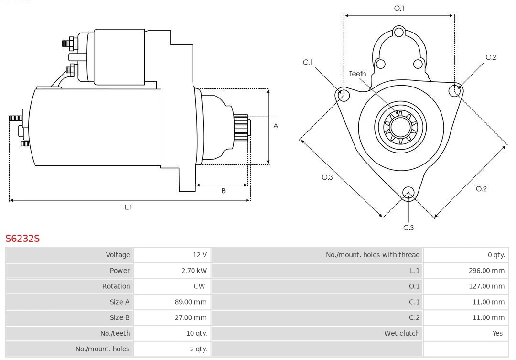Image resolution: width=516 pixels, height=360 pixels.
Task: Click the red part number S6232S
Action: tap(22, 238)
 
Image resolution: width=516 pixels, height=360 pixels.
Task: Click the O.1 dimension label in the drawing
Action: tap(399, 8)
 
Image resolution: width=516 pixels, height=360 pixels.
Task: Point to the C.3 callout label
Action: tap(408, 228)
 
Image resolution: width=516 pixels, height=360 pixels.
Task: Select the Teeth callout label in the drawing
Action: tap(357, 74)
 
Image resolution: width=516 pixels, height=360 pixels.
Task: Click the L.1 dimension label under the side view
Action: tap(129, 207)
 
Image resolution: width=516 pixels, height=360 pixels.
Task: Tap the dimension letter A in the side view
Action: tap(276, 126)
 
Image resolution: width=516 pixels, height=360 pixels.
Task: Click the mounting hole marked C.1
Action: tap(343, 95)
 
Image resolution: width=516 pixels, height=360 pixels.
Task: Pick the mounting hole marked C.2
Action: tap(455, 90)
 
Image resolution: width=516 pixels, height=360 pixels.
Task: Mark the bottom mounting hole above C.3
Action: tap(408, 193)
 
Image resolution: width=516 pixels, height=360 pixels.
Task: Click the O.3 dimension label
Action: tap(327, 177)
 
